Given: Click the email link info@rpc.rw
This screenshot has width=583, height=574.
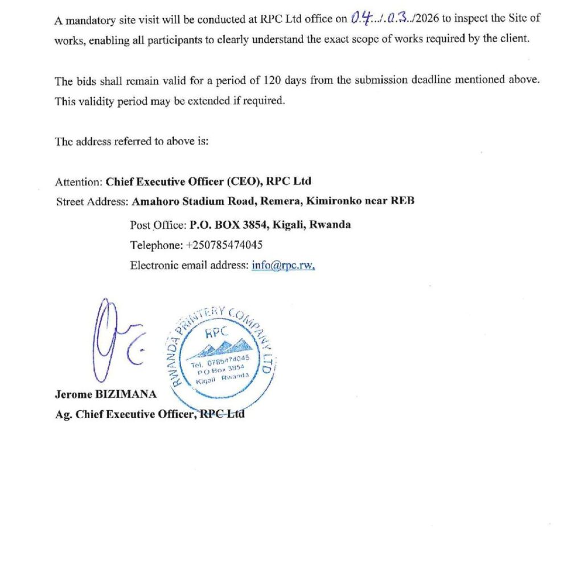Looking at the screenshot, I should pyautogui.click(x=283, y=265).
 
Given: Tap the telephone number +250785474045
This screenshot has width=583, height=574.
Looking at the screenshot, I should pyautogui.click(x=224, y=245).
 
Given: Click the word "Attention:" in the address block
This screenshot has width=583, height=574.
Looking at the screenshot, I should pyautogui.click(x=79, y=182).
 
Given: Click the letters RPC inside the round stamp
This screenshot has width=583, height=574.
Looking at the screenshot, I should pyautogui.click(x=221, y=329).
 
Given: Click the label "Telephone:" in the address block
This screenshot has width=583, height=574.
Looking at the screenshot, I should pyautogui.click(x=156, y=245).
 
